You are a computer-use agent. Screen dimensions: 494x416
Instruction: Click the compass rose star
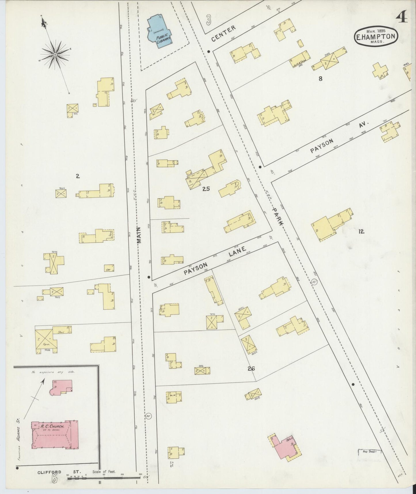(x=55, y=54)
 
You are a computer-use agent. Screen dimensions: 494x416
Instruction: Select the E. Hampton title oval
(x=376, y=37)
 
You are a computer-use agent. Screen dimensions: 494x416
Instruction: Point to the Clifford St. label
(x=59, y=472)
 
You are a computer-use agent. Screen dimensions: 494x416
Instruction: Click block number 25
(x=206, y=189)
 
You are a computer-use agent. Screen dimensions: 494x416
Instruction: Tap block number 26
(x=251, y=368)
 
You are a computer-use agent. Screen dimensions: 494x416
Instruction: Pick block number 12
(x=361, y=231)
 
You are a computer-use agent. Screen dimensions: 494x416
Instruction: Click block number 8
(x=320, y=78)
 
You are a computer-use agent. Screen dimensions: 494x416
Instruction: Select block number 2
(x=78, y=176)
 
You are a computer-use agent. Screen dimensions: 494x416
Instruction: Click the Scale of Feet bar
(x=104, y=478)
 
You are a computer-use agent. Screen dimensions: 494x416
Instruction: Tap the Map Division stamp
(x=370, y=460)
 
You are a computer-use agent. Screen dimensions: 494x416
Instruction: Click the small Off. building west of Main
(x=109, y=268)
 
